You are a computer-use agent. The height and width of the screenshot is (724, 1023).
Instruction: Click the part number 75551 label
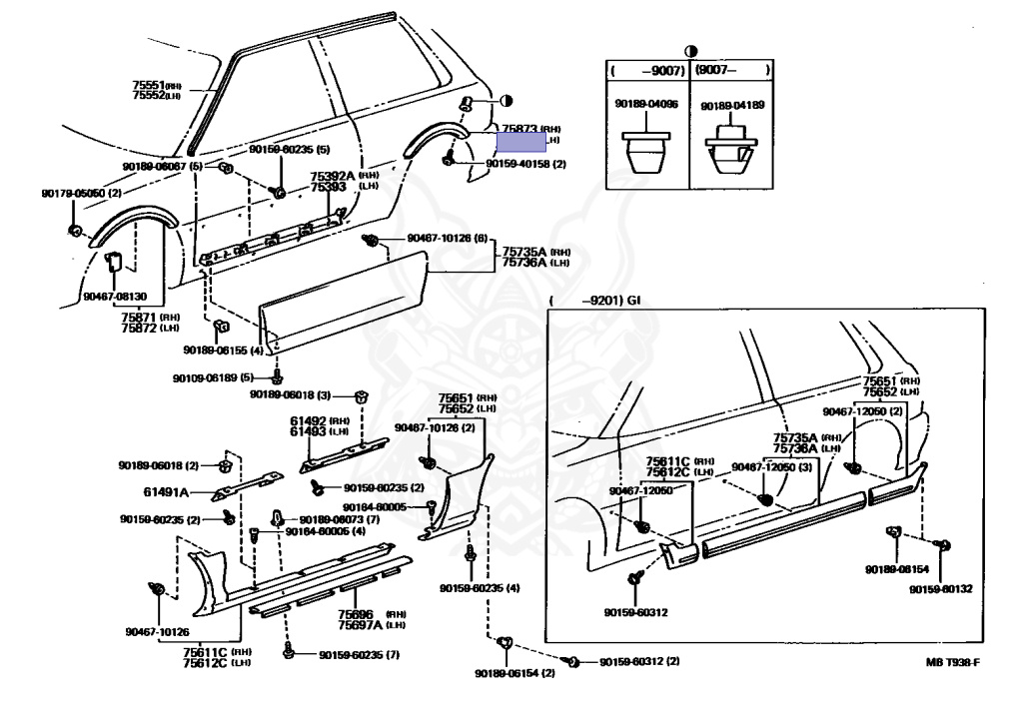pos(148,86)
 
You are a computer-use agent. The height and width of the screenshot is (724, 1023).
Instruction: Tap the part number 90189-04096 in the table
pos(646,103)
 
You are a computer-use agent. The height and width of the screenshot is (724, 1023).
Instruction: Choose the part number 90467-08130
pos(115,297)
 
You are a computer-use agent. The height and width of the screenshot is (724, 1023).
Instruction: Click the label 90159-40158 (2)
pos(526,164)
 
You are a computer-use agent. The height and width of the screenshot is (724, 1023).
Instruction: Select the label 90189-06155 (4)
pos(223,351)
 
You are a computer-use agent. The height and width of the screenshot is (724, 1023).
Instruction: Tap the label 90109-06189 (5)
pos(212,377)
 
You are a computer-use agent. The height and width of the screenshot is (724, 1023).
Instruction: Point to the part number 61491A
pos(167,492)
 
